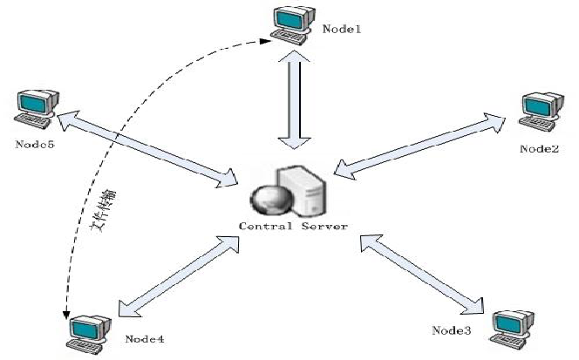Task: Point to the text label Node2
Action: click(539, 148)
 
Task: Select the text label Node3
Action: click(452, 330)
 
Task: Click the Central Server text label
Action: click(294, 226)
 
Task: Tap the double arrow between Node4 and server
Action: click(178, 276)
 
